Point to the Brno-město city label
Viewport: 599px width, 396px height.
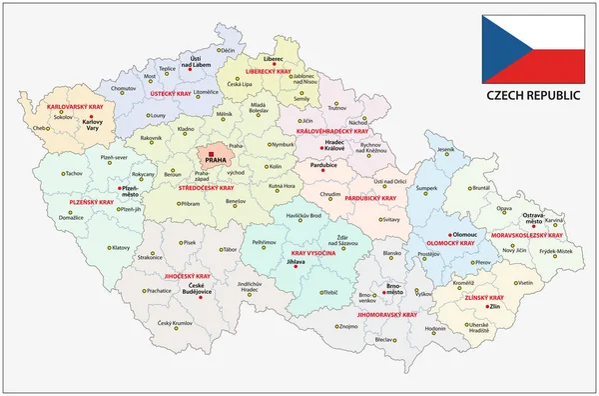click(x=394, y=290)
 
